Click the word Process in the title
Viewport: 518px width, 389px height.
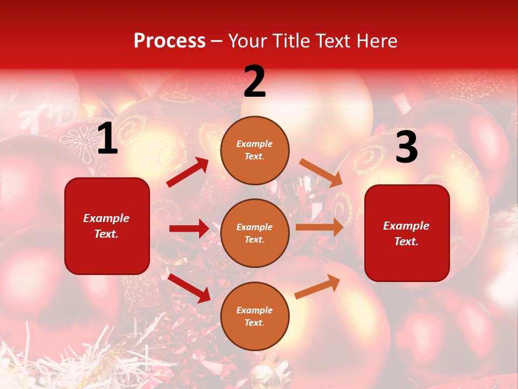(x=169, y=41)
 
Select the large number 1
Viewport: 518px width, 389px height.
(x=107, y=139)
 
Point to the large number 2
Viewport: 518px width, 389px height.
(x=255, y=82)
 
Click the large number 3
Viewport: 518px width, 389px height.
(x=406, y=147)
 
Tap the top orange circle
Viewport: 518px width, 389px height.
(x=255, y=150)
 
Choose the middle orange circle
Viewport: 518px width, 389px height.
(x=255, y=233)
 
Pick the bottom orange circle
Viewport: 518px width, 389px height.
(x=255, y=316)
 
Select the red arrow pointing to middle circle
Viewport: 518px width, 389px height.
(x=189, y=229)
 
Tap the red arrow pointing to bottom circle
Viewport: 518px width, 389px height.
(x=189, y=287)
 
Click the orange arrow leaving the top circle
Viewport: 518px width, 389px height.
(x=321, y=173)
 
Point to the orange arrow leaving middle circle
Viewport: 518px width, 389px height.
(x=319, y=227)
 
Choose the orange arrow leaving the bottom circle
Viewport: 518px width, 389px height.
(x=317, y=286)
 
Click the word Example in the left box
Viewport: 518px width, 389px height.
(x=106, y=218)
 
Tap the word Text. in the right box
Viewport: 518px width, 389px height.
(x=406, y=242)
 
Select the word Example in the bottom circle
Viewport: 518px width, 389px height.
(x=255, y=310)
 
